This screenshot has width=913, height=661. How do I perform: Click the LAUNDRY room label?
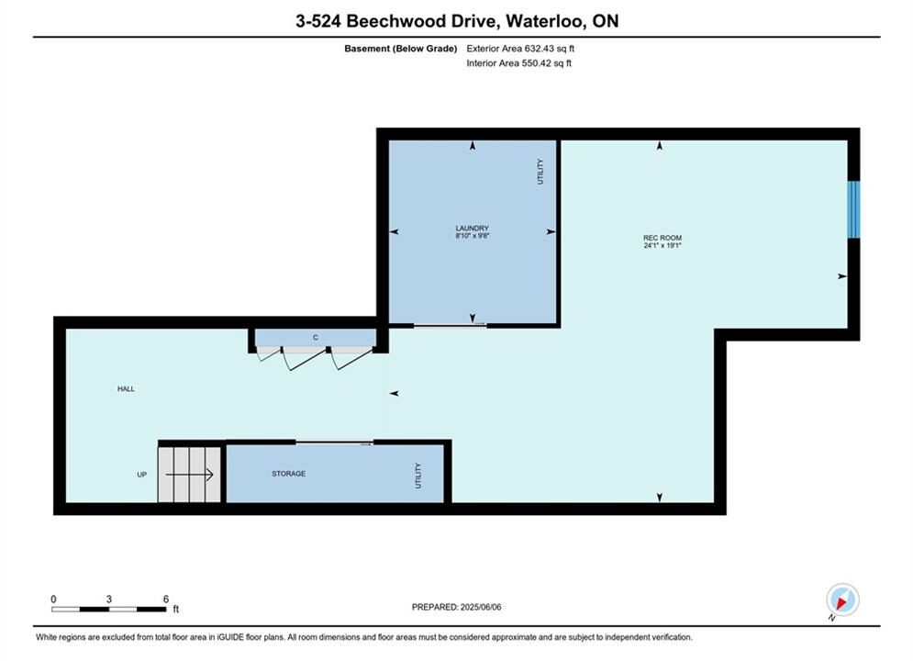pos(473,229)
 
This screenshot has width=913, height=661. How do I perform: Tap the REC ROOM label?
pos(662,238)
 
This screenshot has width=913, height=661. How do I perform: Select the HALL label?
pos(126,388)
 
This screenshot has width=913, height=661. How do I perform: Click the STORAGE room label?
pos(289,474)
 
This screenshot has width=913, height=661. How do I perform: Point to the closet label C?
pos(316,337)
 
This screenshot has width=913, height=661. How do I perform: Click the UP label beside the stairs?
pos(141,475)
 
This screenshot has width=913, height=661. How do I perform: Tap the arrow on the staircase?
pos(190,475)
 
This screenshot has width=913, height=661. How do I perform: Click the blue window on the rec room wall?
pos(853,209)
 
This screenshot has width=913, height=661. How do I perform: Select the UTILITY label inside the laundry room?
pos(540,172)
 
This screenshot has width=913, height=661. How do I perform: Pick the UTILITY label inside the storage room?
pos(418,476)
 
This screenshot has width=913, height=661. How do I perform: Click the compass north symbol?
pos(842,599)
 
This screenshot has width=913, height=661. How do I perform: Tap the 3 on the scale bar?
pos(109,599)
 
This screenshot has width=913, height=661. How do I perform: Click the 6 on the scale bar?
pos(166,599)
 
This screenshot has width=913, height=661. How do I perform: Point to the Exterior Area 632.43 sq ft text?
pos(520,49)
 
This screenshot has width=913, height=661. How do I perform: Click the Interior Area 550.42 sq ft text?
pos(518,63)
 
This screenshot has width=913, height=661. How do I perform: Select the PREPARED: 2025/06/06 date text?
pos(457,607)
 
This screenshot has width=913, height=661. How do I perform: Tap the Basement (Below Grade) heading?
pos(401,49)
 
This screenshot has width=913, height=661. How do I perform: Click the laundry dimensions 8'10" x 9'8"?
pos(473,236)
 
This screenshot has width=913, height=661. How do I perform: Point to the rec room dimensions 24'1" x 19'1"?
pos(662,245)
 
